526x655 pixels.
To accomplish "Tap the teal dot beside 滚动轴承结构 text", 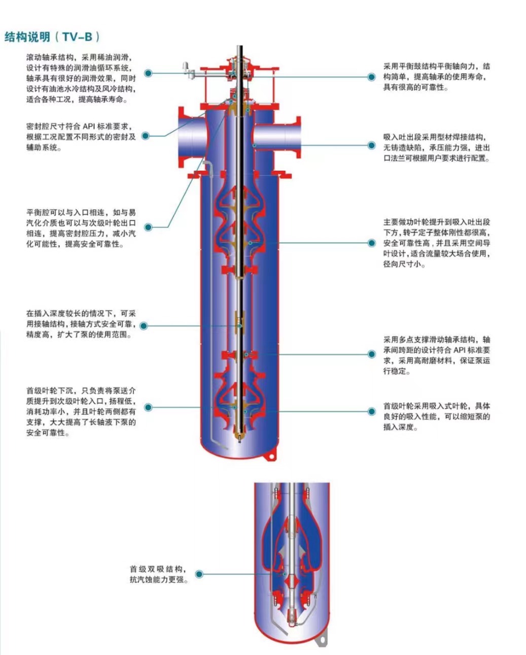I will coord(148,73).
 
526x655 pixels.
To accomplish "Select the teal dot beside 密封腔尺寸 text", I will coord(146,136).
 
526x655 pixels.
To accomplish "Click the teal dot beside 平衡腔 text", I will coord(148,227).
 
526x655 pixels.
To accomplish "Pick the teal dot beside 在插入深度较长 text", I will coord(144,325).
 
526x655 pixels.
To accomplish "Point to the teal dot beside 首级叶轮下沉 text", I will coord(148,407).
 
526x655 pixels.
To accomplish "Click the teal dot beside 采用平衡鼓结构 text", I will coord(371,77).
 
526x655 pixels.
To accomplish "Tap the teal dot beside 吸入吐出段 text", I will coord(371,146).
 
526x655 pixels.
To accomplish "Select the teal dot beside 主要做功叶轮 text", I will coord(371,243).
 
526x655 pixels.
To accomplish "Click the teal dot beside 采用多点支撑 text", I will coord(371,354).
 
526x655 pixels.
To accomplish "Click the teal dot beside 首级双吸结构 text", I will coord(199,574).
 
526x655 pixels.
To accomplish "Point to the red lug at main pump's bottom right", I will coord(270,457).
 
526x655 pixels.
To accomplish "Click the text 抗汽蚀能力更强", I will coord(159,580).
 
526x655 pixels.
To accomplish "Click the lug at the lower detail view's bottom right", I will coord(321,640).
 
